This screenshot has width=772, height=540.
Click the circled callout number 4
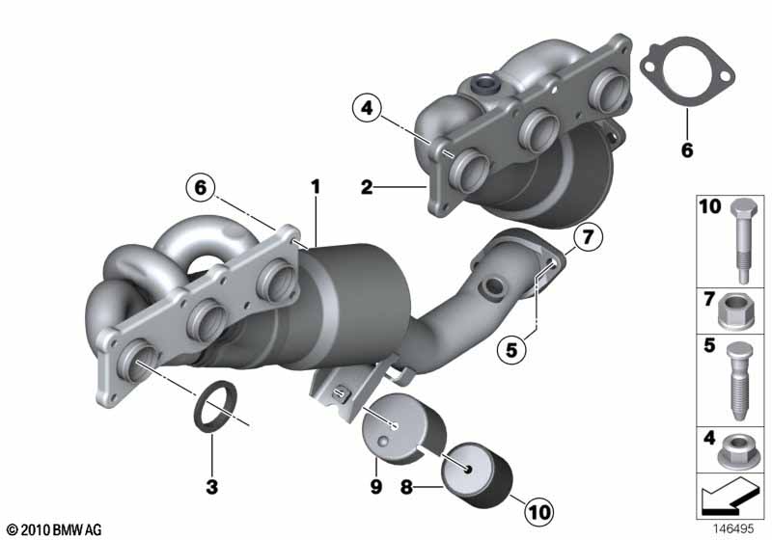pyautogui.click(x=367, y=108)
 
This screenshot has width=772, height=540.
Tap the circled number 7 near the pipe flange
pyautogui.click(x=588, y=237)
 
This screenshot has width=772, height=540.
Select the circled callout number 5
pyautogui.click(x=511, y=350)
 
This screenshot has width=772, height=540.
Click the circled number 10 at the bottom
pyautogui.click(x=538, y=511)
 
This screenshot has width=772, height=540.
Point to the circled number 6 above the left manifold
pyautogui.click(x=201, y=187)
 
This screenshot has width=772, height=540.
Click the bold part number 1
pyautogui.click(x=316, y=187)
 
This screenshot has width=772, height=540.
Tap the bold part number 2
pyautogui.click(x=367, y=187)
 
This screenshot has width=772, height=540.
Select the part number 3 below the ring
pyautogui.click(x=211, y=487)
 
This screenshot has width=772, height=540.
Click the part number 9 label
pyautogui.click(x=375, y=487)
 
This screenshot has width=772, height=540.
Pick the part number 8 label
pyautogui.click(x=406, y=487)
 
